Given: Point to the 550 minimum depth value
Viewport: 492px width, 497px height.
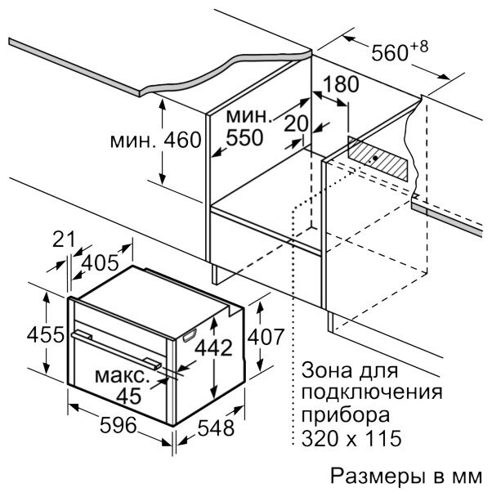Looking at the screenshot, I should [245, 138].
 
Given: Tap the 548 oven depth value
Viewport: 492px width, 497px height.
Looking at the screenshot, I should [217, 428].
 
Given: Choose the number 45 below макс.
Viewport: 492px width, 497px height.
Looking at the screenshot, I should [127, 396].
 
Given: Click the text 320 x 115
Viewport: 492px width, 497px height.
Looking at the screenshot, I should [351, 439].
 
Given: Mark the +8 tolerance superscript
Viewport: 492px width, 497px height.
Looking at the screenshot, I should [418, 46].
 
